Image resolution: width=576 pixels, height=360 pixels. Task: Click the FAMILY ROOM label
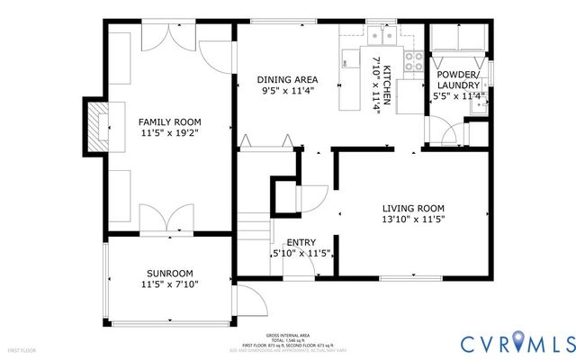point(168,121)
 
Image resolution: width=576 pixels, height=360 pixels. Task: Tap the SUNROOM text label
point(169,274)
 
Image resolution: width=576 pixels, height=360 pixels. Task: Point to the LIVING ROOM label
point(414,207)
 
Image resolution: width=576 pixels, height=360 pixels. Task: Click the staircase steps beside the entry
point(255,230)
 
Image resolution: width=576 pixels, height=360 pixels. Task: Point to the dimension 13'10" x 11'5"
point(414,218)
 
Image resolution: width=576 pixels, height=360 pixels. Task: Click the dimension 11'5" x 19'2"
point(168,132)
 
